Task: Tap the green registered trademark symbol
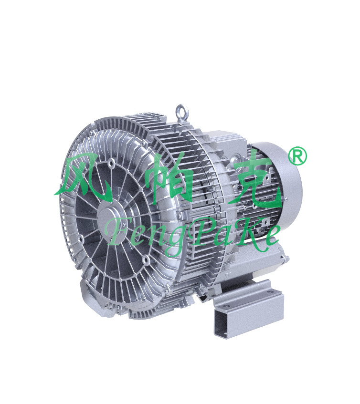coord(297,155)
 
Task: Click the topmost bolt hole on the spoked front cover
coord(112,163)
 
